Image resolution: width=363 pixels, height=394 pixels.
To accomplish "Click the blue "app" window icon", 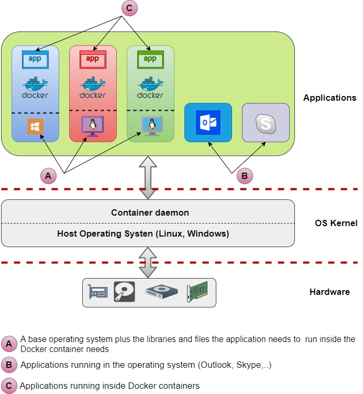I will [35, 59].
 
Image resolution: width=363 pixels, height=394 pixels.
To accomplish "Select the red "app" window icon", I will [92, 59].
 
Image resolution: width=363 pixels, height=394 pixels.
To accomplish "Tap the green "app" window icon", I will [150, 59].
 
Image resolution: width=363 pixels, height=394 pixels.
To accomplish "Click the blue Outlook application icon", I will [208, 123].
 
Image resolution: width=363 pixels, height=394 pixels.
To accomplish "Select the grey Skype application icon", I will [266, 123].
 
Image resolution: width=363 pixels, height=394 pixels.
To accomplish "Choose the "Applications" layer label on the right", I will [329, 98].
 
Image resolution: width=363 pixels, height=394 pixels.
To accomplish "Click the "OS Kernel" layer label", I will [336, 223].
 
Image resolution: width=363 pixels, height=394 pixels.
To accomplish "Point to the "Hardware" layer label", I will [329, 292].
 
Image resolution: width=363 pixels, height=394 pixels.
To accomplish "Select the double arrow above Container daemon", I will [148, 178].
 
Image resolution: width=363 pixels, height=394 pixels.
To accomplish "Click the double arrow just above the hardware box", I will [148, 262].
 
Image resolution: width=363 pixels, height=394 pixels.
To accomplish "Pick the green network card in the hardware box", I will [197, 293].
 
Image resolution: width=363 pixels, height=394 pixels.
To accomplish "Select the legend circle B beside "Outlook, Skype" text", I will [9, 365].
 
